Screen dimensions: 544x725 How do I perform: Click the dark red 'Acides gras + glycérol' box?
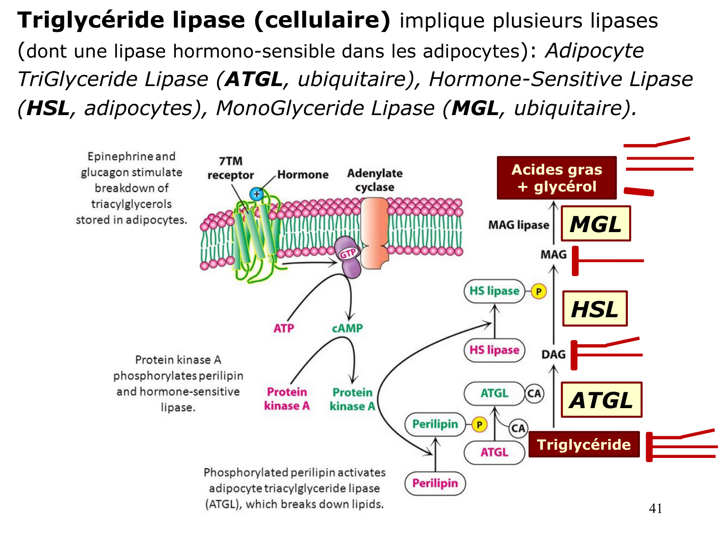pyautogui.click(x=557, y=178)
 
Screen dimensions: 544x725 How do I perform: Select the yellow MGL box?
pyautogui.click(x=595, y=224)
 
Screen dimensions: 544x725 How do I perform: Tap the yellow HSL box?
pyautogui.click(x=595, y=309)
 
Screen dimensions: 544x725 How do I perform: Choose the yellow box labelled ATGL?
pyautogui.click(x=601, y=400)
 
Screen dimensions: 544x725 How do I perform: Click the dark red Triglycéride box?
pyautogui.click(x=584, y=444)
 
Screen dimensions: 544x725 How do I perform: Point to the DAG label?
pyautogui.click(x=553, y=354)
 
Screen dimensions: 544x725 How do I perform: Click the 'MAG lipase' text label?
pyautogui.click(x=519, y=225)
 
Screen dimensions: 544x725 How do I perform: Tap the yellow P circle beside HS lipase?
pyautogui.click(x=538, y=291)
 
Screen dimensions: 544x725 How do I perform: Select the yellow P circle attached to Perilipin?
pyautogui.click(x=479, y=425)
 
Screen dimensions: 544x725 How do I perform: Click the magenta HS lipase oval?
pyautogui.click(x=494, y=350)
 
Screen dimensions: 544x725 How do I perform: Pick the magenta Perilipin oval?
pyautogui.click(x=435, y=483)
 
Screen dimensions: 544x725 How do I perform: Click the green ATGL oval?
pyautogui.click(x=494, y=393)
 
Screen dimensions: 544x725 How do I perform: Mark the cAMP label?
pyautogui.click(x=347, y=328)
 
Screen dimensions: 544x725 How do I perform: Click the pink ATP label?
pyautogui.click(x=284, y=328)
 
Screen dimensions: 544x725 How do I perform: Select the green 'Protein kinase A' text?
pyautogui.click(x=352, y=399)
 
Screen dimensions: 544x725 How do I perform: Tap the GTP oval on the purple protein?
pyautogui.click(x=348, y=253)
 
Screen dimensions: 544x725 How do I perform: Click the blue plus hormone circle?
pyautogui.click(x=256, y=194)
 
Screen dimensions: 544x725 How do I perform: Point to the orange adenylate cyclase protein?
pyautogui.click(x=375, y=233)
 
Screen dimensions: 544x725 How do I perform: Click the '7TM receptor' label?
pyautogui.click(x=231, y=168)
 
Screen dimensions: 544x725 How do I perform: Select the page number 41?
pyautogui.click(x=655, y=508)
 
